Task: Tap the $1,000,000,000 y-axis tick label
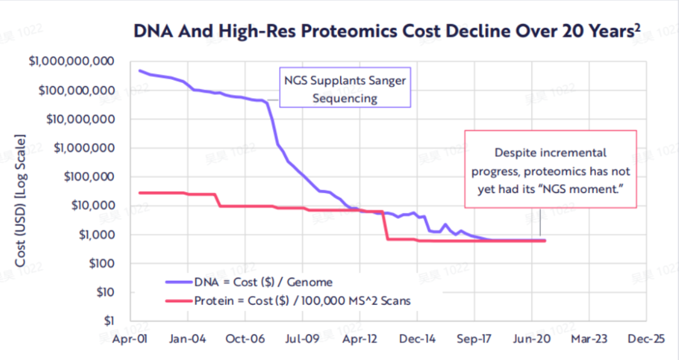[75, 62]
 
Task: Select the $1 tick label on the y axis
[109, 320]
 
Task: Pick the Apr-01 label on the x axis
[130, 339]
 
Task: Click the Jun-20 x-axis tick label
[532, 339]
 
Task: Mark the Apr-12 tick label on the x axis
[359, 339]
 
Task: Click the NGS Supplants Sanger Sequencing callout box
[345, 89]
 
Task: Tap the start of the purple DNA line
[140, 70]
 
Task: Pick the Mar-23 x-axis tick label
[589, 339]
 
